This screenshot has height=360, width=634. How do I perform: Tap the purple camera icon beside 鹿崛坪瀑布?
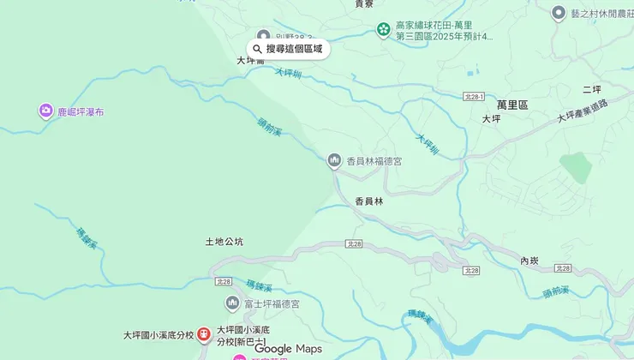coord(45,111)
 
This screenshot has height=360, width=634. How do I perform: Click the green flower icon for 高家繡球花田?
coord(383,31)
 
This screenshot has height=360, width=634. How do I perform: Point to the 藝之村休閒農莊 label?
coord(599,14)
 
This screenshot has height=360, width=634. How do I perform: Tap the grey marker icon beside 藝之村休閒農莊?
coord(559,14)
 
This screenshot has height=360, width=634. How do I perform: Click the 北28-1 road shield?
coord(475,97)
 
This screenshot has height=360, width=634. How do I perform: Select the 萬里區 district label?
coord(512,105)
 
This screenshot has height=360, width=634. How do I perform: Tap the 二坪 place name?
coord(592,90)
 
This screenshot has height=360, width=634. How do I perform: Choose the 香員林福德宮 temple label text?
coord(374,161)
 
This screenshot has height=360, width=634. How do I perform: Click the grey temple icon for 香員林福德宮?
coord(335,160)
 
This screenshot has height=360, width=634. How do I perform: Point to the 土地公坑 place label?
coord(224,242)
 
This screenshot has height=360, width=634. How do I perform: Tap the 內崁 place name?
coord(529,261)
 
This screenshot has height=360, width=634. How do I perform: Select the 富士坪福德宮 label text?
coord(272,304)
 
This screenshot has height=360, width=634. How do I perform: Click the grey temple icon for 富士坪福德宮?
coord(232,303)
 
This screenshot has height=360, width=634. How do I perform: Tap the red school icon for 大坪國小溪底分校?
coord(204,334)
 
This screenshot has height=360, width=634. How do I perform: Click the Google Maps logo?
coord(288,349)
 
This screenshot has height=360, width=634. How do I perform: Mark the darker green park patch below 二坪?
coord(577,168)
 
